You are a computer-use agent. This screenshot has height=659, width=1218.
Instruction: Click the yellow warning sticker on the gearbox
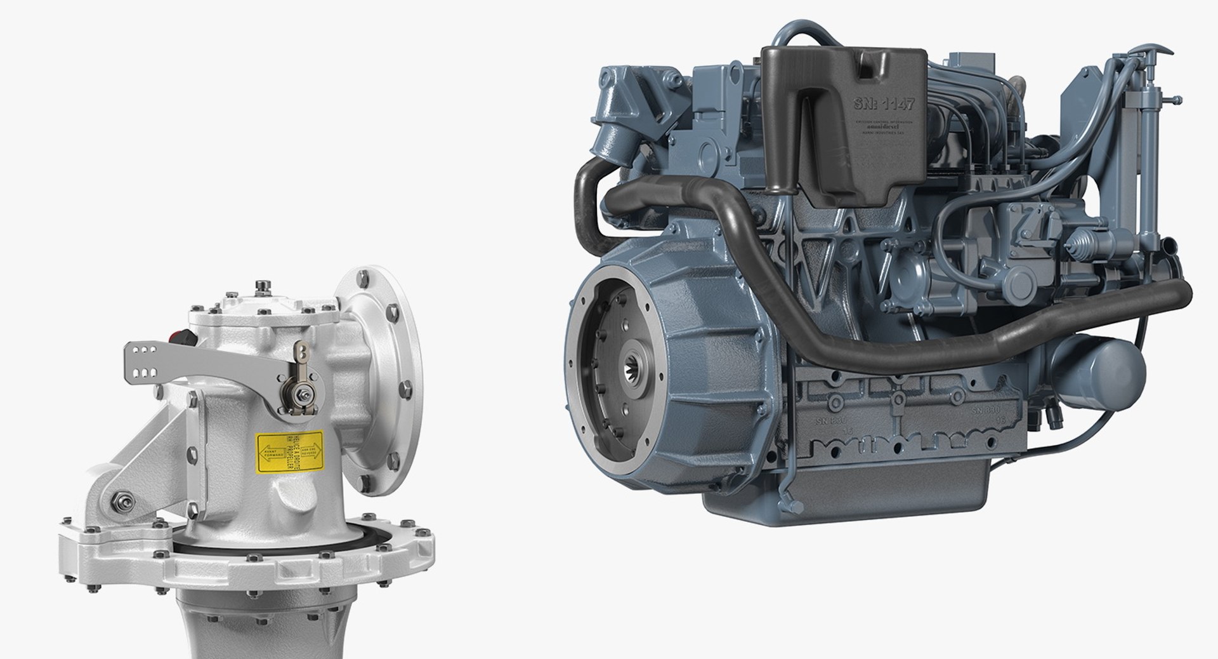pyautogui.click(x=289, y=452)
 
